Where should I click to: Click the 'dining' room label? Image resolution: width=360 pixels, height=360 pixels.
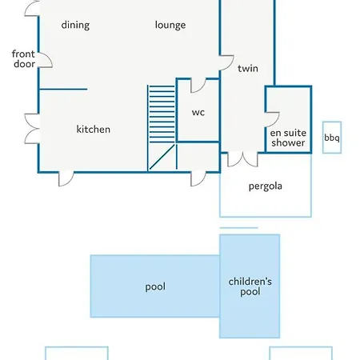75,26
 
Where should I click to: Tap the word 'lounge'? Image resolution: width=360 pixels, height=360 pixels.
170,26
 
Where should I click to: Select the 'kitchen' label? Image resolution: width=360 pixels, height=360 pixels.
94,130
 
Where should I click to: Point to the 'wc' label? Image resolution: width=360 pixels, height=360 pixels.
198,112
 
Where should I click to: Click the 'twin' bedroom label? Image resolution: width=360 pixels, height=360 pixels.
248,69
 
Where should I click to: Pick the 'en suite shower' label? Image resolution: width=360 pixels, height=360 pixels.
288,138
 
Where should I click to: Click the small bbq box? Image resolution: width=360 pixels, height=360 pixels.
332,138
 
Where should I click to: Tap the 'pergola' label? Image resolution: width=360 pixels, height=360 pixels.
266,186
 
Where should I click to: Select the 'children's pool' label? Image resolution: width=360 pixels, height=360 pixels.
250,287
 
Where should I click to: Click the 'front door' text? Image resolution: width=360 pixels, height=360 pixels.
23,59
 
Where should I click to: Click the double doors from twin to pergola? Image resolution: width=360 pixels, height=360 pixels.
242,160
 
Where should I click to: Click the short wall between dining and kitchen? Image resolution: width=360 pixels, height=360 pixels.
63,89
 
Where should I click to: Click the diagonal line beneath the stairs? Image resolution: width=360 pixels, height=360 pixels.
162,157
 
